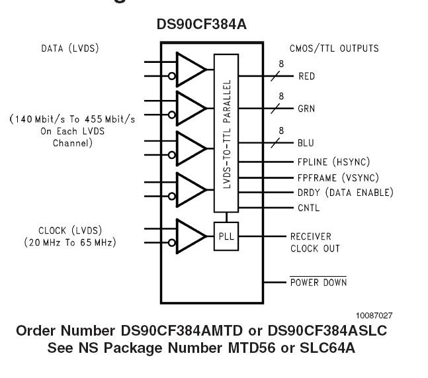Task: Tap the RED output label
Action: (x=306, y=76)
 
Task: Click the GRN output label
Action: (x=306, y=109)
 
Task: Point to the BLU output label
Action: (x=306, y=143)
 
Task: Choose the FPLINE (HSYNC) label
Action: (x=333, y=162)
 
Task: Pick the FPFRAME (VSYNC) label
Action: (x=338, y=177)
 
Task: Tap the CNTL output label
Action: (x=308, y=208)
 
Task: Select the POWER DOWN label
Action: (x=318, y=283)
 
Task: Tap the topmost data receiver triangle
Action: (x=191, y=69)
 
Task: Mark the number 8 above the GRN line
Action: (x=281, y=96)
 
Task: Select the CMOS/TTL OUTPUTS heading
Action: (x=334, y=48)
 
